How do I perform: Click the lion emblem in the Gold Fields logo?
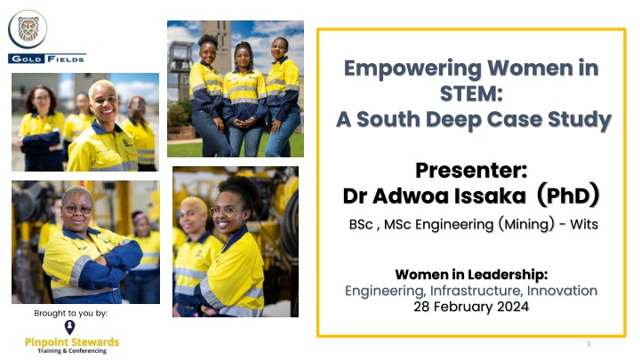pyautogui.click(x=28, y=29)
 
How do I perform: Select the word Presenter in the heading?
pyautogui.click(x=471, y=170)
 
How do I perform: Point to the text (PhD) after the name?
pyautogui.click(x=568, y=195)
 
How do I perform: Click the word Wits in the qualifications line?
pyautogui.click(x=584, y=224)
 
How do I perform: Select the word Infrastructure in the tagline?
pyautogui.click(x=476, y=291)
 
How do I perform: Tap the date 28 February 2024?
pyautogui.click(x=471, y=307)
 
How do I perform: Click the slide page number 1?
pyautogui.click(x=588, y=344)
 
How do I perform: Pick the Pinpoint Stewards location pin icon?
pyautogui.click(x=70, y=327)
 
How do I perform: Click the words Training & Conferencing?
pyautogui.click(x=72, y=350)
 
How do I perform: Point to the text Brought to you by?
pyautogui.click(x=70, y=313)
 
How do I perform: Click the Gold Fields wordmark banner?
pyautogui.click(x=47, y=59)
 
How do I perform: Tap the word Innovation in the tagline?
pyautogui.click(x=562, y=291)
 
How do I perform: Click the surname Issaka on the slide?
pyautogui.click(x=490, y=196)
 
